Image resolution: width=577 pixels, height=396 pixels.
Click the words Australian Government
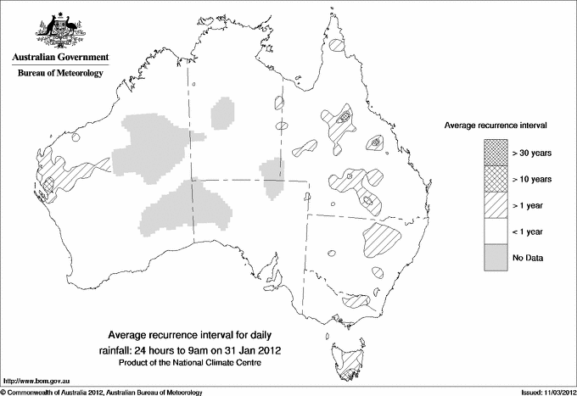(59, 58)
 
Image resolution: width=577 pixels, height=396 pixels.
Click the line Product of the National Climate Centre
(198, 363)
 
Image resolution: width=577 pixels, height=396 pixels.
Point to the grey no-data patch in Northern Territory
(222, 113)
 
